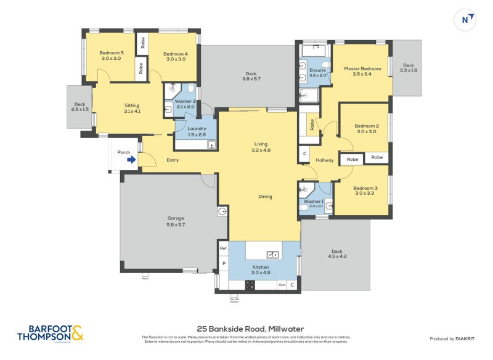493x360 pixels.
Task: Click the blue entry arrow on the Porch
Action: [x=131, y=160]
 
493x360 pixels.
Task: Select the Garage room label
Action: [x=176, y=221]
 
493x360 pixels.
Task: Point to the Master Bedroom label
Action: [x=362, y=71]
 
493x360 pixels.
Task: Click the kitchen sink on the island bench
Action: [x=272, y=255]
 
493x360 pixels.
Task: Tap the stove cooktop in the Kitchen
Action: [x=251, y=285]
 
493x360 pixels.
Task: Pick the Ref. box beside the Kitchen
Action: [x=223, y=248]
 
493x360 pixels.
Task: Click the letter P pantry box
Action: [x=223, y=263]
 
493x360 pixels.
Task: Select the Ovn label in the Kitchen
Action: [x=282, y=285]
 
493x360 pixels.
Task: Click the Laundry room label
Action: [x=196, y=131]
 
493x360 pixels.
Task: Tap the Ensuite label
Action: [x=317, y=73]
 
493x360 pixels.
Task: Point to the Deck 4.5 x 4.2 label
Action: [x=336, y=253]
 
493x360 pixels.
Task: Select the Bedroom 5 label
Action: [x=112, y=56]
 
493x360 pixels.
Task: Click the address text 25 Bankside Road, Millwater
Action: [x=250, y=329]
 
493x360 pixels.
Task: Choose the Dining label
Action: [x=265, y=197]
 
